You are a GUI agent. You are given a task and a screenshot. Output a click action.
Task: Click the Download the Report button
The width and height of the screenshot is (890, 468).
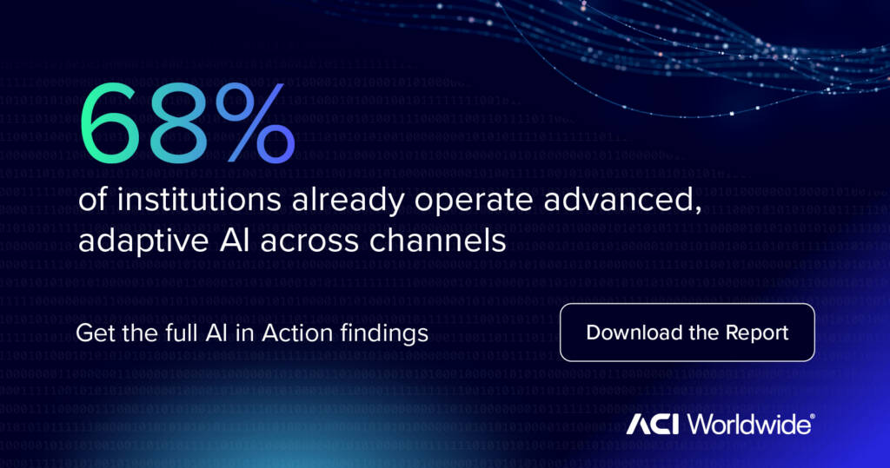[687, 333]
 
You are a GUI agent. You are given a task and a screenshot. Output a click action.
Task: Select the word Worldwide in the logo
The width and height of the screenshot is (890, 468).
[748, 425]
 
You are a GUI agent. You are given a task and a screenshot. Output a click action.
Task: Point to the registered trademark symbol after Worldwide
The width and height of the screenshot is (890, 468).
[813, 418]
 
